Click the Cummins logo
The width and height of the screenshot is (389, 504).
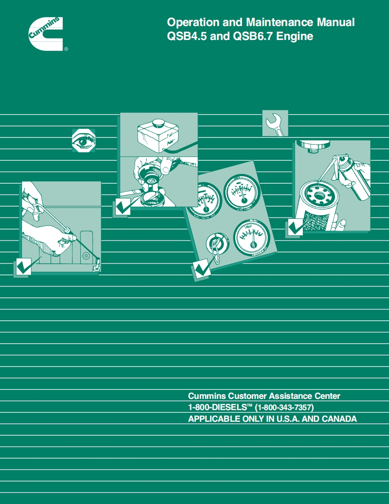[46, 34]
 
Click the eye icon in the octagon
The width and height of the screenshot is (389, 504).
[83, 141]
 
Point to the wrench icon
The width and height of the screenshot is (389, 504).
[275, 124]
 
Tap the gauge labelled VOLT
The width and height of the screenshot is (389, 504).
[252, 236]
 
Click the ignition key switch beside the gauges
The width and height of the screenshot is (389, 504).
[217, 244]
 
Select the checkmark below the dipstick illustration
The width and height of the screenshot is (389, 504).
[23, 266]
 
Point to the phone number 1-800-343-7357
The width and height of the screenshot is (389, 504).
[284, 407]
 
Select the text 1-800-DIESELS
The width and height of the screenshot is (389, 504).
[217, 407]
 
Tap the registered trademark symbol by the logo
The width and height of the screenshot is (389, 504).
[66, 49]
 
